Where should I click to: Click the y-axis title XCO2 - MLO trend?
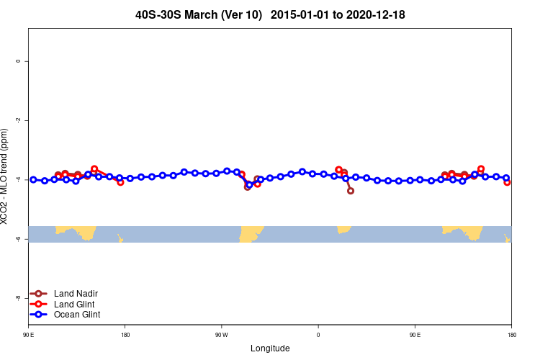[x=6, y=176]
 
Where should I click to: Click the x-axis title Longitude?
[x=270, y=348]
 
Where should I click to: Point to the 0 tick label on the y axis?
[x=18, y=61]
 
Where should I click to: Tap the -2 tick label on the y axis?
[x=18, y=120]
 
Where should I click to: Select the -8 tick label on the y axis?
[x=18, y=298]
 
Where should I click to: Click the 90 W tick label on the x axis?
[x=221, y=335]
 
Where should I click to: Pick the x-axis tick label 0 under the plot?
[x=318, y=335]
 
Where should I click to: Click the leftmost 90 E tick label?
[x=29, y=335]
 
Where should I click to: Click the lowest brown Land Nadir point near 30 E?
[x=351, y=191]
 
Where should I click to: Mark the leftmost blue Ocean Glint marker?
[x=33, y=179]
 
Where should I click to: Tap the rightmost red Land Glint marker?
[x=508, y=182]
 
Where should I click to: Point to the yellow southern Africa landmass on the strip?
[x=343, y=229]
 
